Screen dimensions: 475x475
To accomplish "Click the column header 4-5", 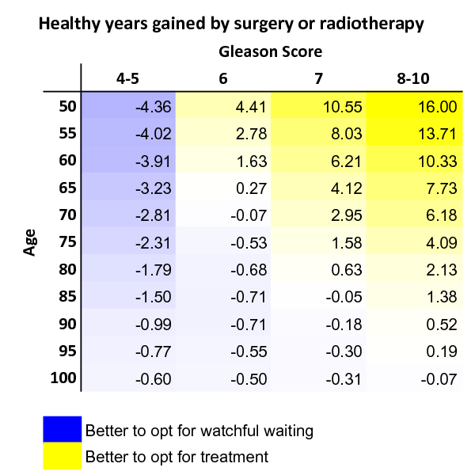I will click(131, 78).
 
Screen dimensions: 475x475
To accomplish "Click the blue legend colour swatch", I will click(62, 429).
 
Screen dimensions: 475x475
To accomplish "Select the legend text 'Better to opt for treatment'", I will click(177, 457).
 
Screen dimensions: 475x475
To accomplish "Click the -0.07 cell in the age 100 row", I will click(439, 378).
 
